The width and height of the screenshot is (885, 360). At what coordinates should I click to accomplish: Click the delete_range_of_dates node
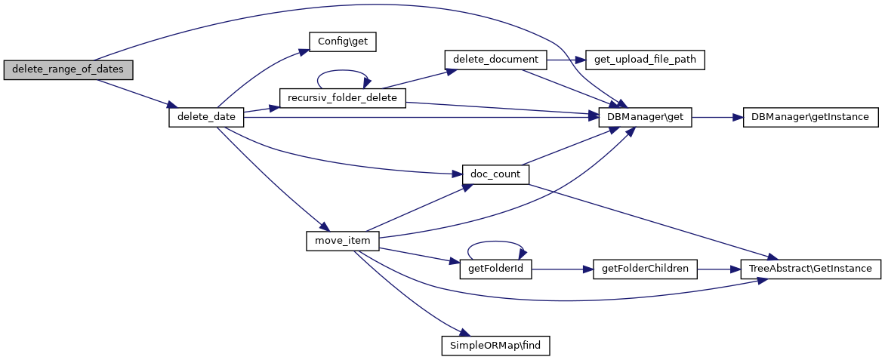(68, 69)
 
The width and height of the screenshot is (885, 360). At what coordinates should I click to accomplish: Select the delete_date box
(206, 117)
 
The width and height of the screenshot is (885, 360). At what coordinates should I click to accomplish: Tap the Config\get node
(342, 42)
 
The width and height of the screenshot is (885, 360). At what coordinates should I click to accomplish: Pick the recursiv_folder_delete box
(343, 98)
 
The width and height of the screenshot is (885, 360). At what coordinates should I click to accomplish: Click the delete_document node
(495, 59)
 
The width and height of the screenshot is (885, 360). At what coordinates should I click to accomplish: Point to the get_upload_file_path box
(646, 59)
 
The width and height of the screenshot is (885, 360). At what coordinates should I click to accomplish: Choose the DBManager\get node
(645, 117)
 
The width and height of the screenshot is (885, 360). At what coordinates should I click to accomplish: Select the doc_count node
(495, 174)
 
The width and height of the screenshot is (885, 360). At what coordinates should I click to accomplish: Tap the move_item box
(342, 240)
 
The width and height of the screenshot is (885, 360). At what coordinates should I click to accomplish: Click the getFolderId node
(495, 268)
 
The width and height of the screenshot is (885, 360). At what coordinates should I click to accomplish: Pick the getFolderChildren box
(646, 268)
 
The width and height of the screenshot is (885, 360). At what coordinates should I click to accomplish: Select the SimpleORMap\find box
(495, 346)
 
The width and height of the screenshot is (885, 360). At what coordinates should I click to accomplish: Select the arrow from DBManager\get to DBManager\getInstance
(717, 117)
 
